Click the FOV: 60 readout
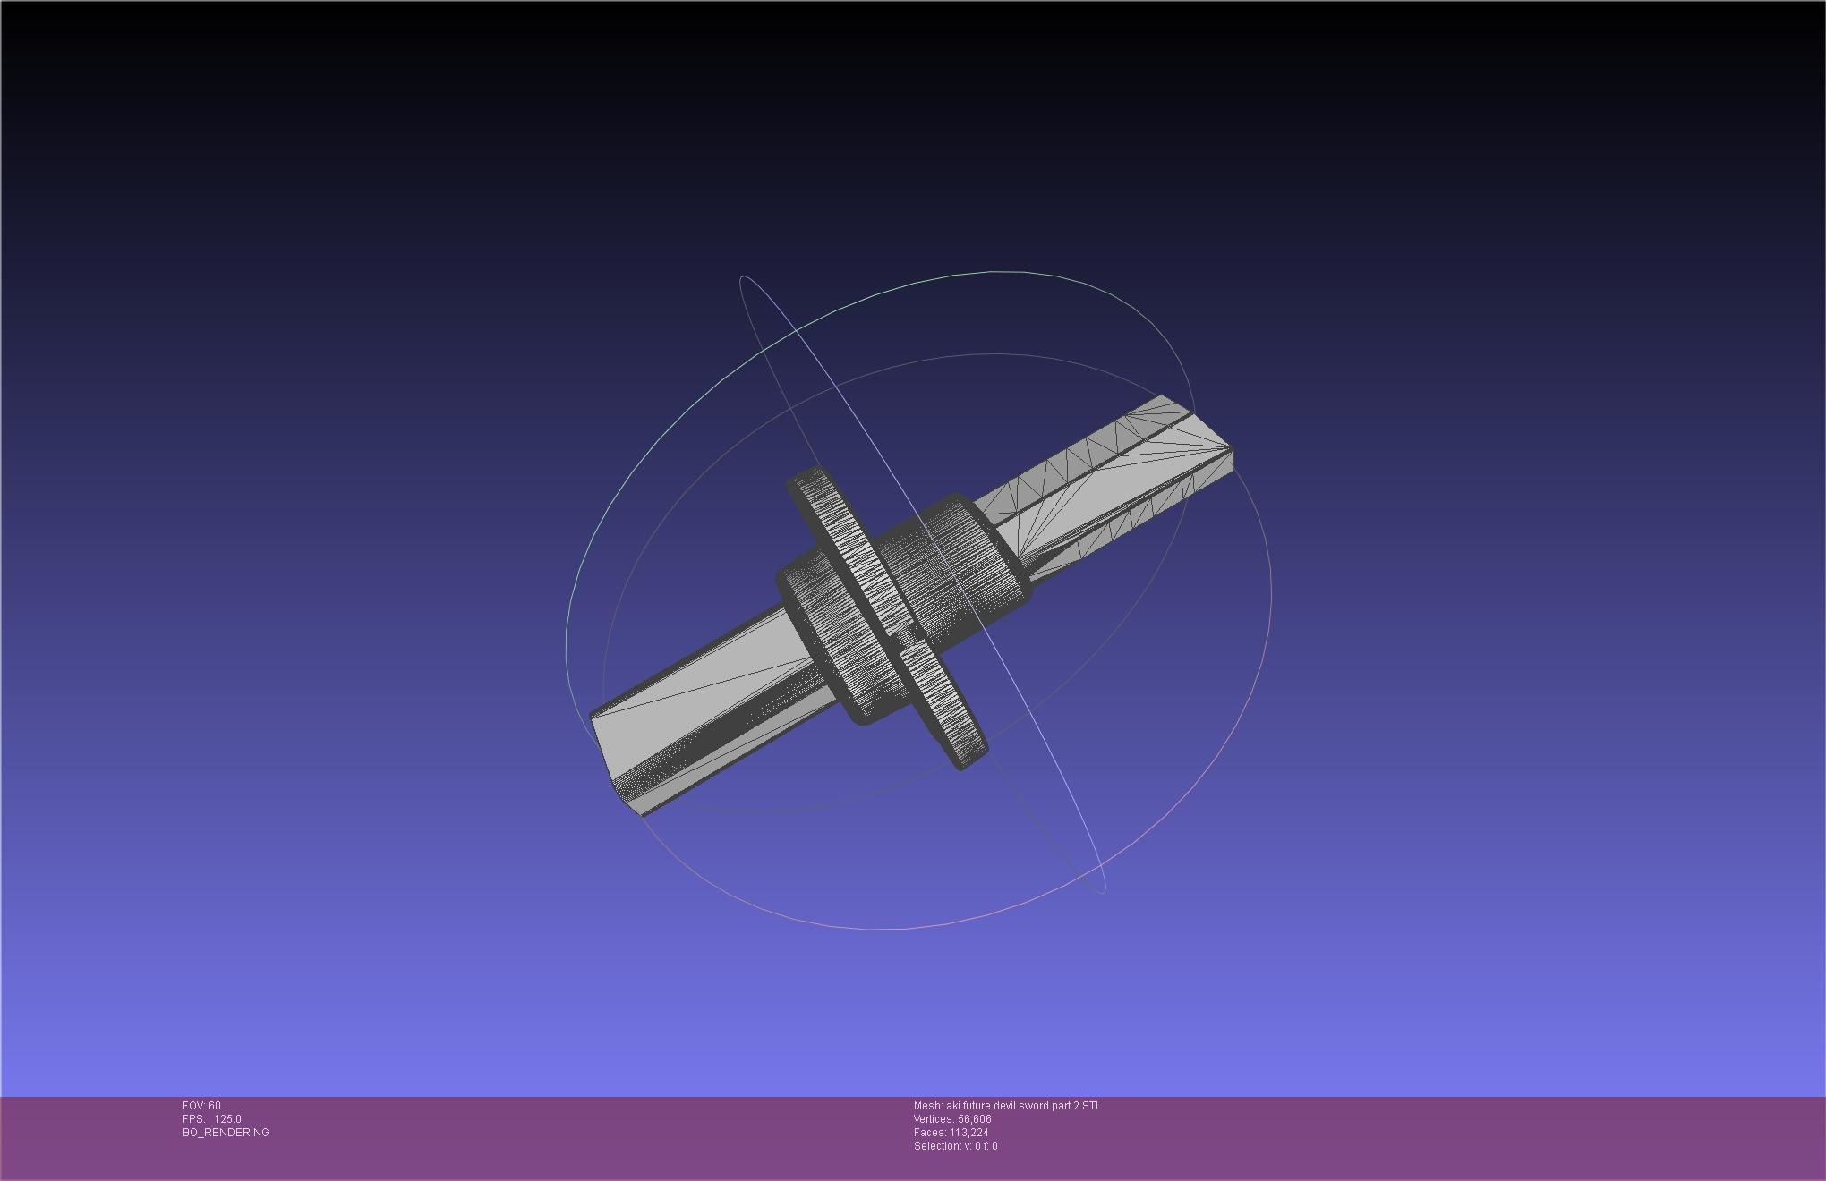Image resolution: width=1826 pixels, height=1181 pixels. (x=201, y=1105)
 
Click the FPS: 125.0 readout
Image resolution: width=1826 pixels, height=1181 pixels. (x=211, y=1118)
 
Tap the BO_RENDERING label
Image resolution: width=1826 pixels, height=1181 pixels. (x=226, y=1132)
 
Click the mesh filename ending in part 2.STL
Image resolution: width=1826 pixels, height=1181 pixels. (x=1007, y=1105)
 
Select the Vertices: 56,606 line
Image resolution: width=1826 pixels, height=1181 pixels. (x=952, y=1118)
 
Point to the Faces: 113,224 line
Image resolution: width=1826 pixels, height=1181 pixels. (x=951, y=1132)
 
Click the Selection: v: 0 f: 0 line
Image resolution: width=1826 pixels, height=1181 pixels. (x=955, y=1145)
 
